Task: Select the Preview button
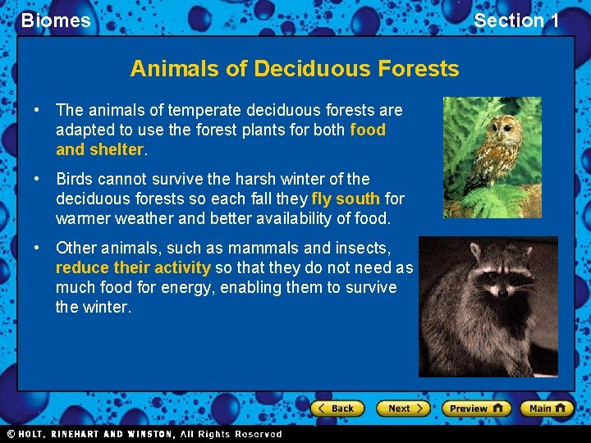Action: (476, 408)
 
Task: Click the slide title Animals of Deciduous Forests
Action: (294, 68)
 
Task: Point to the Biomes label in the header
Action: (56, 21)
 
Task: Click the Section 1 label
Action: (516, 21)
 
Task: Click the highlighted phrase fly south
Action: (346, 199)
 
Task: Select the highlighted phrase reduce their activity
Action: (133, 267)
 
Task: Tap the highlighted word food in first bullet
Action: (367, 130)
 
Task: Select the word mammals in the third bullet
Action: (261, 248)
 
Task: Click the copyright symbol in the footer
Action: (11, 434)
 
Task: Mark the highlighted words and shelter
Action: (99, 150)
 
